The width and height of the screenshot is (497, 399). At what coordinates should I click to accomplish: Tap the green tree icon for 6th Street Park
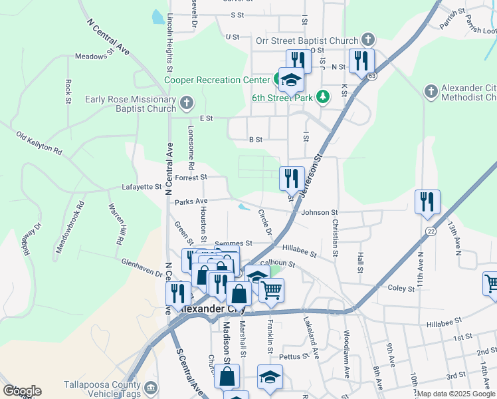(x=323, y=97)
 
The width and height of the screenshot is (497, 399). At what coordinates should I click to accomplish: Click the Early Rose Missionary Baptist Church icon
(x=187, y=104)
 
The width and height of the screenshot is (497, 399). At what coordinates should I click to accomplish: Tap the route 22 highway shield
(x=431, y=231)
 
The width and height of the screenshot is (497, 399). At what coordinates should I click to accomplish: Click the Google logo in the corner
(x=21, y=391)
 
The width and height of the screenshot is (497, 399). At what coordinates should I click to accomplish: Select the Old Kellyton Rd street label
(x=39, y=144)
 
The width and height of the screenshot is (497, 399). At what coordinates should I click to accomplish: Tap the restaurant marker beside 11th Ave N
(x=427, y=202)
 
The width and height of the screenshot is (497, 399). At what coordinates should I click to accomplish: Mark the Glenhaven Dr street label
(x=142, y=268)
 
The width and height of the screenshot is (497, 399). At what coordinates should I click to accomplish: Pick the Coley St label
(x=401, y=288)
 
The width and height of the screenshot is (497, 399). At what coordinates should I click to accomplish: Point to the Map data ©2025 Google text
(x=456, y=394)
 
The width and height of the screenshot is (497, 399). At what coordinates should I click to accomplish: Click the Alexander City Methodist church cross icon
(x=431, y=90)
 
